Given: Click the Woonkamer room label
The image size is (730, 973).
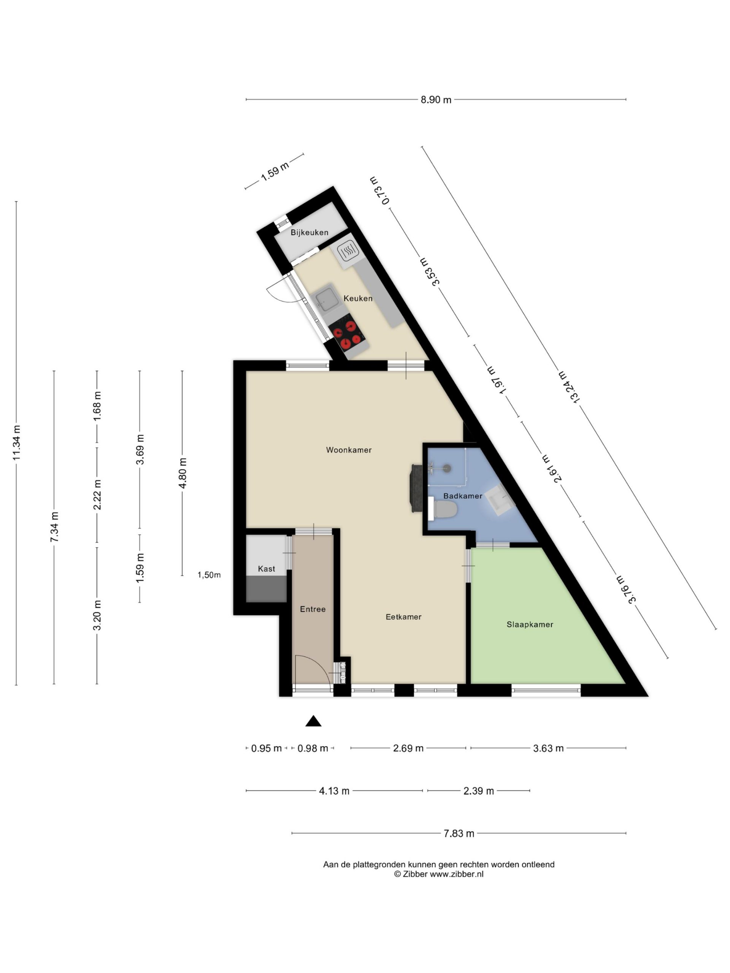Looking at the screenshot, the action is tap(349, 450).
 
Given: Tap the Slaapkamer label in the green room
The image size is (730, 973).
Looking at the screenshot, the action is tap(530, 624).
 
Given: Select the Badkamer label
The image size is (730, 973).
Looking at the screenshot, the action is tap(462, 496).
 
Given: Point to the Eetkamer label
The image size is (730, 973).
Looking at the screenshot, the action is tap(403, 617).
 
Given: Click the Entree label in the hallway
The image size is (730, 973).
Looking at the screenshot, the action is tap(313, 609).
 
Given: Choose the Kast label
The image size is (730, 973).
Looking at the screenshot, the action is tap(266, 569).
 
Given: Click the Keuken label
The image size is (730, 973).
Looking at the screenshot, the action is tap(358, 298).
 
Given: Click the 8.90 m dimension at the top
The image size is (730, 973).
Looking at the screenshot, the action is tap(436, 100).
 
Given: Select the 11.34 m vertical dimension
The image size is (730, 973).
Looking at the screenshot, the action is tap(16, 443).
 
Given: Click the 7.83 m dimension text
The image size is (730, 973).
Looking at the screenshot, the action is tap(459, 833).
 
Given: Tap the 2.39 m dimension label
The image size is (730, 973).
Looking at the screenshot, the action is tap(478, 791).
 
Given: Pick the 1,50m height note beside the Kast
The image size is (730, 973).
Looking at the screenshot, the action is tap(209, 575).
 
